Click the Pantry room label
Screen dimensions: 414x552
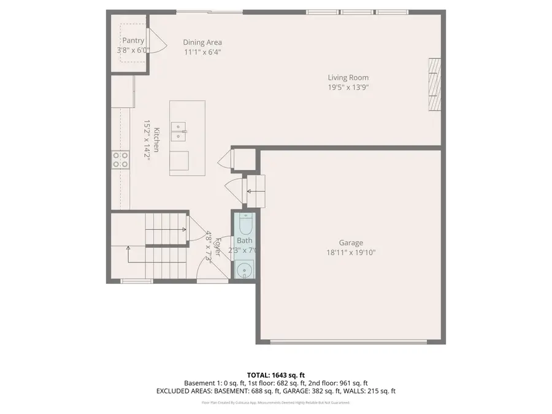(133, 40)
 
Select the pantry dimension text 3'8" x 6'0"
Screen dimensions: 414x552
(133, 50)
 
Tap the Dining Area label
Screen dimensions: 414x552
(202, 42)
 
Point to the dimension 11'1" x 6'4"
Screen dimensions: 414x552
(202, 52)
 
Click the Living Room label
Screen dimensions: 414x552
(348, 77)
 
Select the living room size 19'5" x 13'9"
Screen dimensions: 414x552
(348, 87)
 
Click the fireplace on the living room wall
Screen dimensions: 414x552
(434, 85)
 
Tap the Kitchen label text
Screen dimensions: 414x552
(157, 140)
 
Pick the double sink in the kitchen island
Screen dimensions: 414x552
(178, 131)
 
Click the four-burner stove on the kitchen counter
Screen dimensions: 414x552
(120, 160)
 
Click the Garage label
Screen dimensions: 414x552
(351, 242)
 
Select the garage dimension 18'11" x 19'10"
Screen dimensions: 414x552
(351, 252)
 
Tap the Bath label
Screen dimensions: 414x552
(245, 240)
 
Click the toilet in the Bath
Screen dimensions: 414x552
(245, 224)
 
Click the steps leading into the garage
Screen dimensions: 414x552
(255, 191)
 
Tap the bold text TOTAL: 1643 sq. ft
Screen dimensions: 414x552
(275, 375)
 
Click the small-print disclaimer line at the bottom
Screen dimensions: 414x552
(275, 403)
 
